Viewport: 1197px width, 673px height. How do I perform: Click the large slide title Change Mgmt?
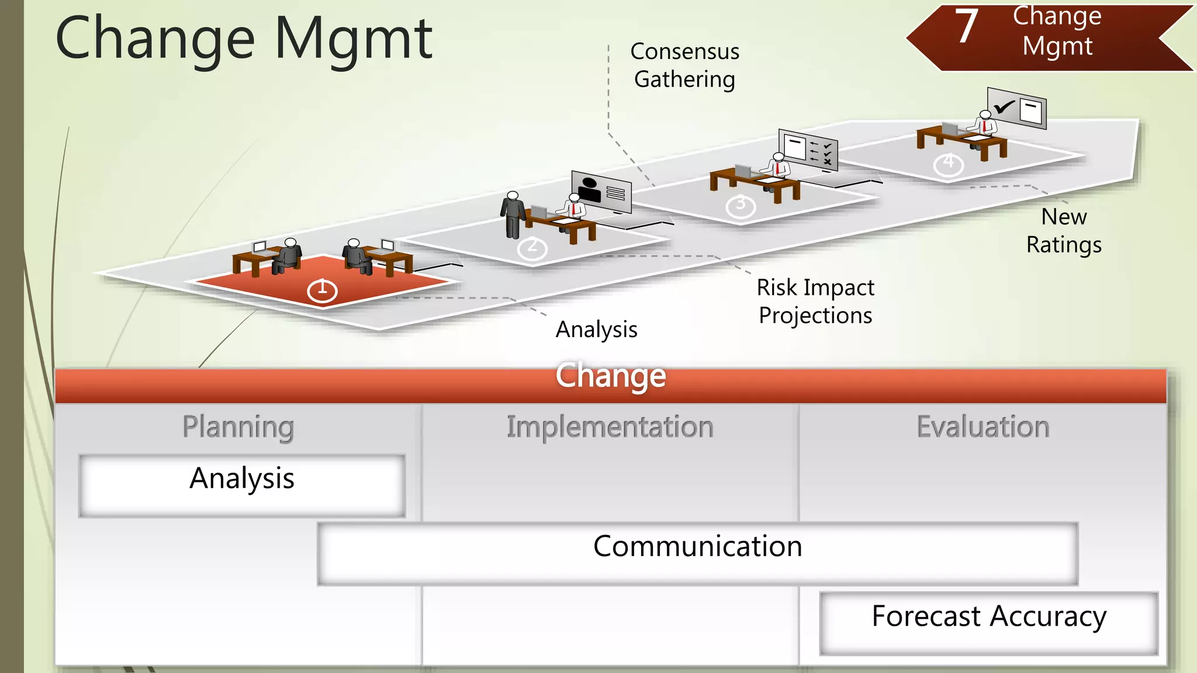coord(244,39)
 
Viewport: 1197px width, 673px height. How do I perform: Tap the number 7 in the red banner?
coord(967,27)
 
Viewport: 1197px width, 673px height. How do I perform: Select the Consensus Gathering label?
coord(684,65)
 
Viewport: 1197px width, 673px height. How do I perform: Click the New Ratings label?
coord(1064,231)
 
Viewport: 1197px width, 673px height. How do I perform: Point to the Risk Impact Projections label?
coord(815,301)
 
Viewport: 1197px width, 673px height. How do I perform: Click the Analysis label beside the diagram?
coord(596,329)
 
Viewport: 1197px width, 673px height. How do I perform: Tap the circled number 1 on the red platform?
coord(322,290)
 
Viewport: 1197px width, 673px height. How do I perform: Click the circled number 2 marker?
coord(532,248)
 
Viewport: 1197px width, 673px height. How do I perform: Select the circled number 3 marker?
coord(741,206)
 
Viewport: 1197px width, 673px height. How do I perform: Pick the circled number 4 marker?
coord(948,164)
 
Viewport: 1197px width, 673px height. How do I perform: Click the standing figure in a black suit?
coord(513,214)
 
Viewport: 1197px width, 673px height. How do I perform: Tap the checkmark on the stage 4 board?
coord(1004,107)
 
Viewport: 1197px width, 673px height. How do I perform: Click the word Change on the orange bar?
coord(610,376)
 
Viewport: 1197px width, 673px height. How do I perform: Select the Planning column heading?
coord(238,427)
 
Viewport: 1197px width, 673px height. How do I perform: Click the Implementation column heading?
coord(610,427)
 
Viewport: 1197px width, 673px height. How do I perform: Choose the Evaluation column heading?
coord(982,427)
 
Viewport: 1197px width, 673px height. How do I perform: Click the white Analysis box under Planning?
coord(242,485)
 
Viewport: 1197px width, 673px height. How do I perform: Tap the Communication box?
coord(697,553)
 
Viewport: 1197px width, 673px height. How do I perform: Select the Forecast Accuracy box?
coord(988,623)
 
